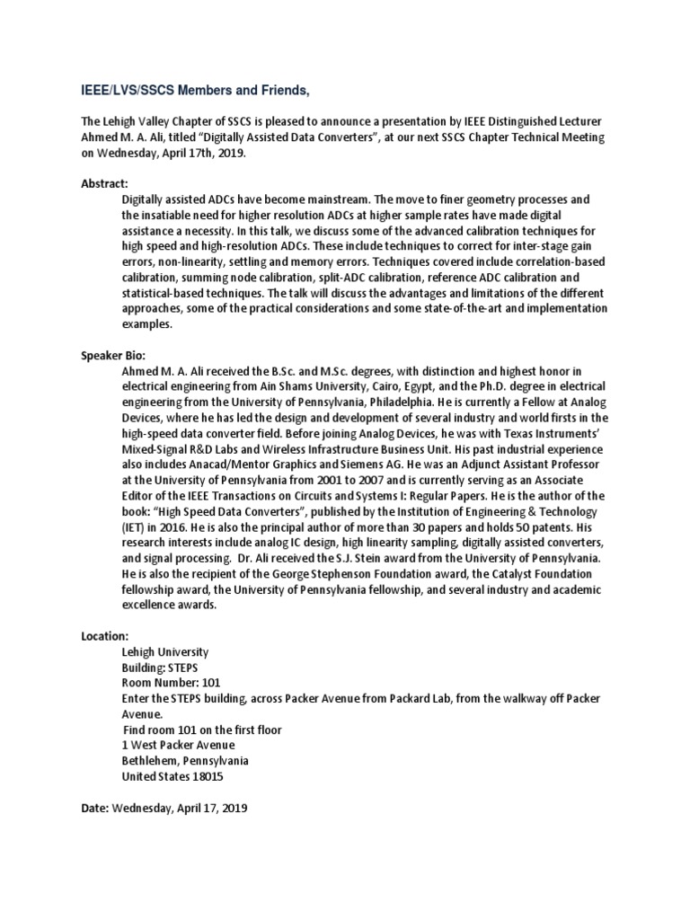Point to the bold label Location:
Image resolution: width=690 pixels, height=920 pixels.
pyautogui.click(x=106, y=634)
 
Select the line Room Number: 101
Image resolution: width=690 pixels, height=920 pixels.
pyautogui.click(x=173, y=683)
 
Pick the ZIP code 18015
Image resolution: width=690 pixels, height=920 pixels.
pyautogui.click(x=206, y=775)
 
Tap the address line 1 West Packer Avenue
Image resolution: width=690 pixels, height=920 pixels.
pyautogui.click(x=178, y=744)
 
